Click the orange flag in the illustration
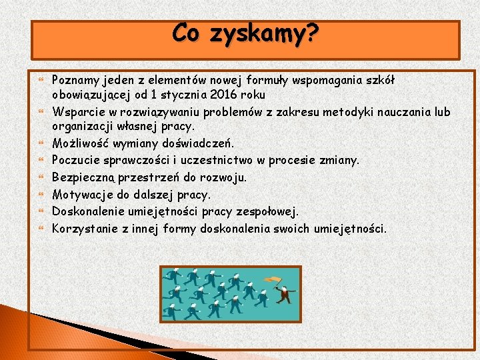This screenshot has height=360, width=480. click(x=270, y=281)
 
